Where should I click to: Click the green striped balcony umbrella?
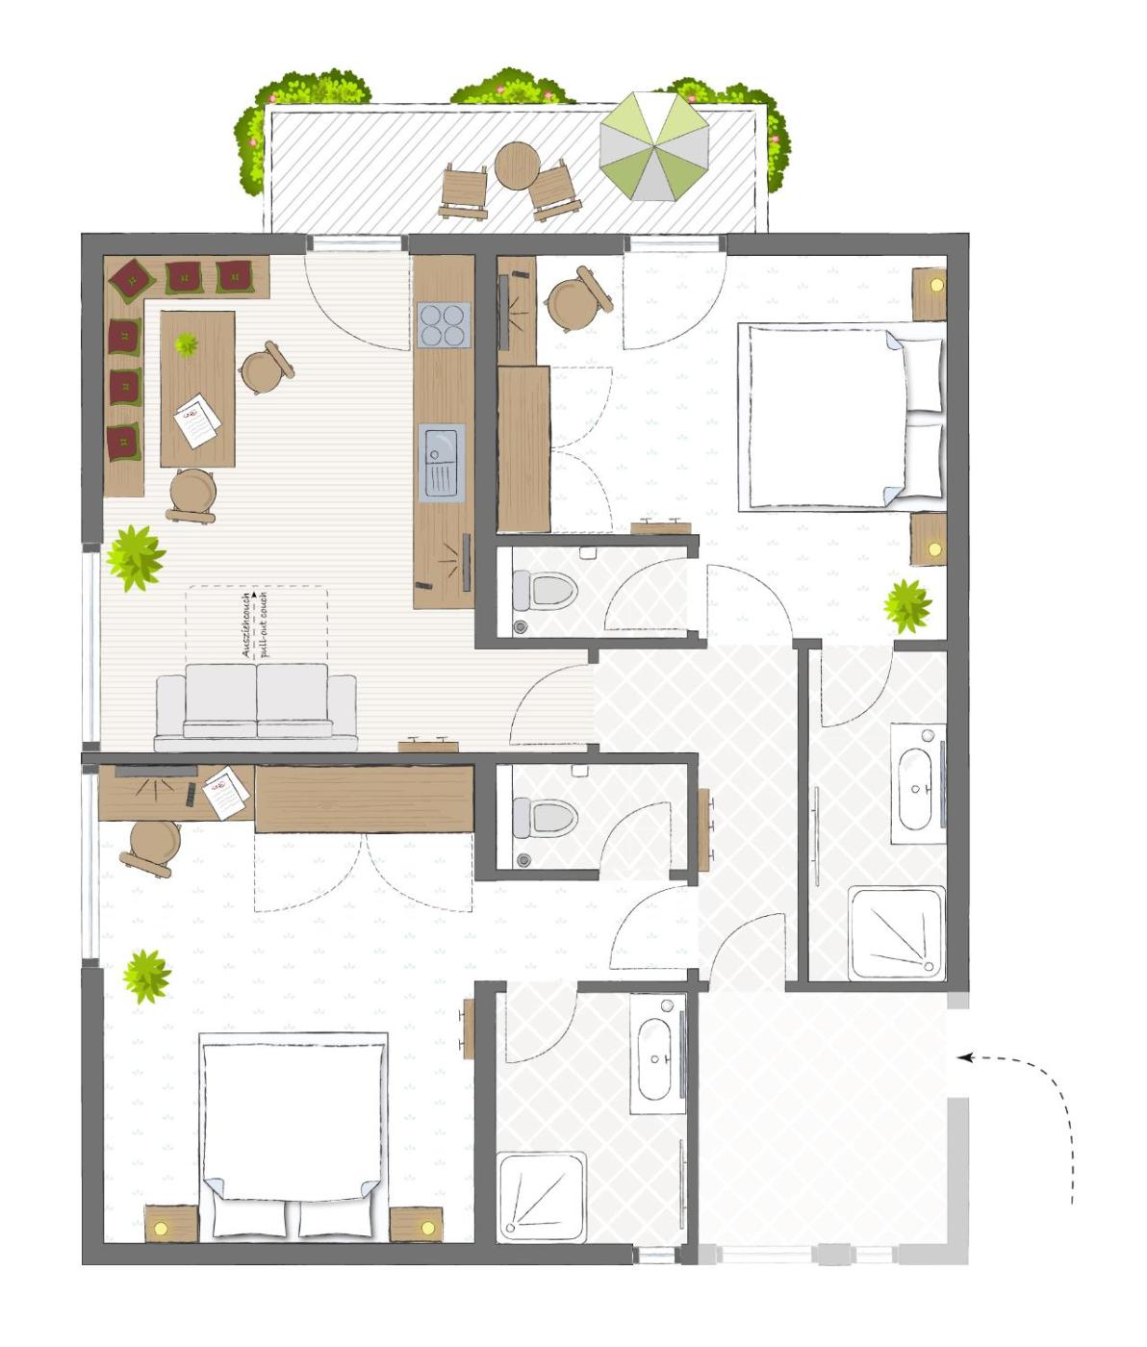tap(653, 146)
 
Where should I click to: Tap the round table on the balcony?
tap(517, 166)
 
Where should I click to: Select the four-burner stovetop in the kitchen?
tap(445, 324)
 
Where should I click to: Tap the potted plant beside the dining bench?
tap(136, 558)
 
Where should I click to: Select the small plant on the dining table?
tap(187, 343)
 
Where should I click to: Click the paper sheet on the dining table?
tap(197, 420)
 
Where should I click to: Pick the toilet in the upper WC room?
tap(545, 591)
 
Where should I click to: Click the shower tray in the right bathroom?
tap(896, 932)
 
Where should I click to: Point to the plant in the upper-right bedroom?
tap(907, 606)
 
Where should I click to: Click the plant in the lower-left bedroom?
tap(147, 977)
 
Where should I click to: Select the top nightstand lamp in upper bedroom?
tap(936, 285)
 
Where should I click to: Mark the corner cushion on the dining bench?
tap(133, 278)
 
